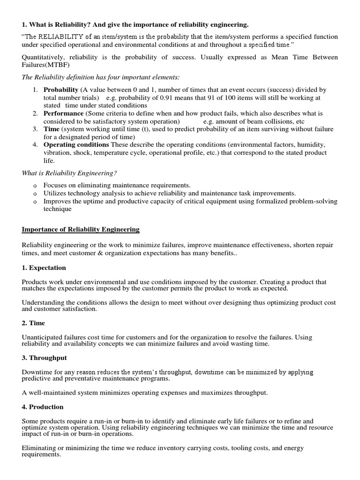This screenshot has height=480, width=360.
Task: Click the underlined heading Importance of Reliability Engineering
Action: coord(81,229)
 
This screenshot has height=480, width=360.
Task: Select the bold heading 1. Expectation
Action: coord(44,268)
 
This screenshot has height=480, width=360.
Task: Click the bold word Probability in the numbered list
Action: coord(61,90)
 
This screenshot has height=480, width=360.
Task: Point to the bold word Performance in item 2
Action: coord(63,113)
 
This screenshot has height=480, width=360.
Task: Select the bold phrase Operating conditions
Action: coord(76,145)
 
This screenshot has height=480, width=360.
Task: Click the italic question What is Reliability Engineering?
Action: coord(69,173)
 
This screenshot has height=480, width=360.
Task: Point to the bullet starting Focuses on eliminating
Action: coord(117,185)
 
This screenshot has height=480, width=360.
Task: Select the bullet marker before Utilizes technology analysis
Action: coord(35,193)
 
